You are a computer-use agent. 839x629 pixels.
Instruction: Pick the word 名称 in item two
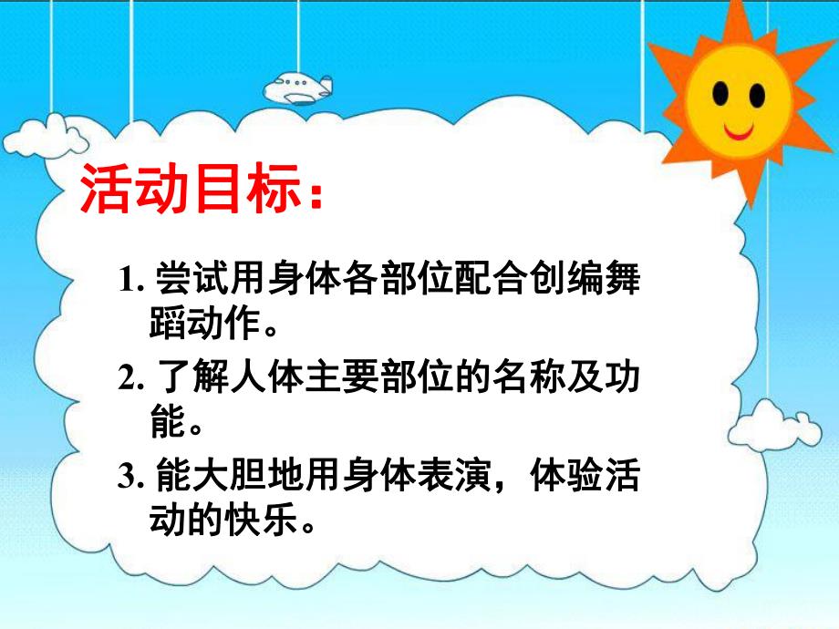coord(512,376)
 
